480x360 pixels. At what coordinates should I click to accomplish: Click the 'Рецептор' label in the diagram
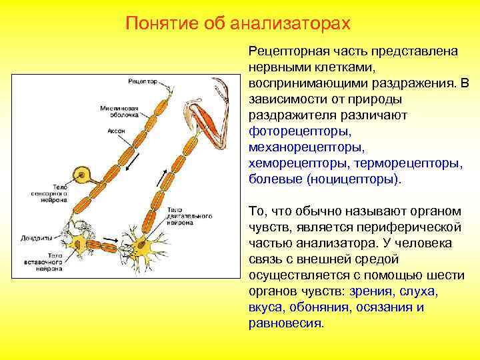pos(141,81)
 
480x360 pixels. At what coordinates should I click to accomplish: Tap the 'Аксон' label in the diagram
pos(116,131)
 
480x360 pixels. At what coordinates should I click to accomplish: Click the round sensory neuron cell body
pos(83,175)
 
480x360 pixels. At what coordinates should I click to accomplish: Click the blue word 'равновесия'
pos(285,323)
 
